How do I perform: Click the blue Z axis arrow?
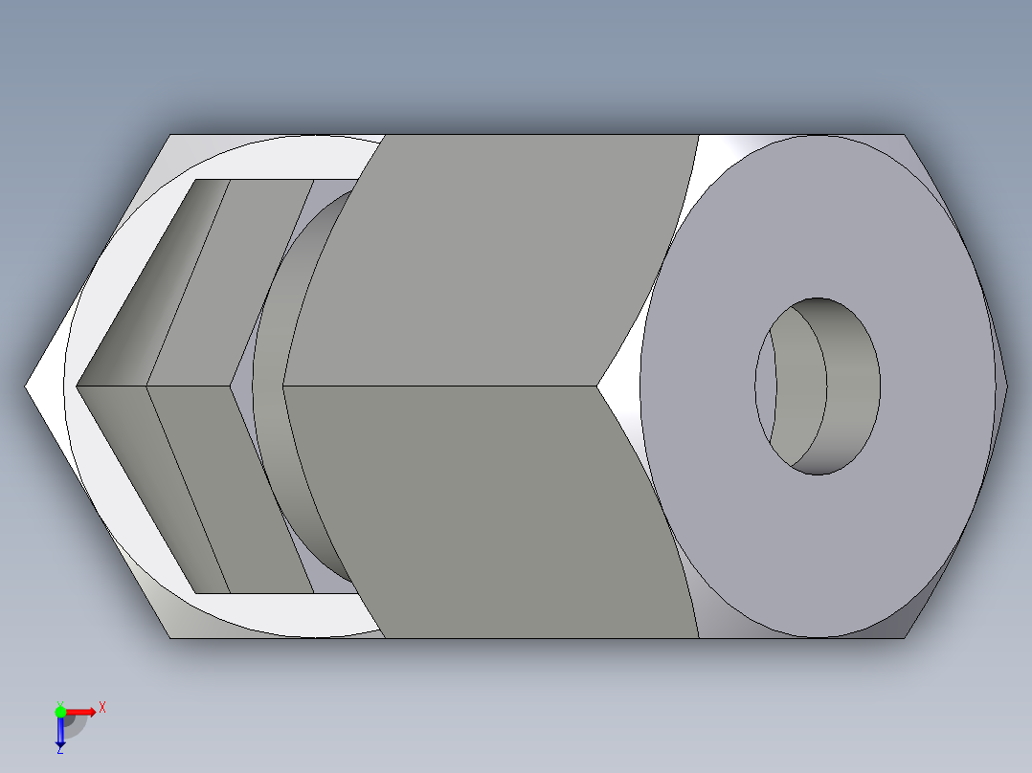tap(60, 731)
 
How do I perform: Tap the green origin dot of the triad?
tap(60, 711)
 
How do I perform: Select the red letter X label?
tap(101, 708)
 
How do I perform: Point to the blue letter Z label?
tap(59, 751)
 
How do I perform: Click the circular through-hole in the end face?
tap(819, 386)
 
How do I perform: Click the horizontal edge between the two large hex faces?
tap(440, 386)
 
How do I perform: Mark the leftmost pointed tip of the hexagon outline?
tap(26, 386)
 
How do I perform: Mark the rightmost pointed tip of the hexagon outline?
tap(1007, 386)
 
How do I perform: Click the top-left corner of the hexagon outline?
tap(171, 135)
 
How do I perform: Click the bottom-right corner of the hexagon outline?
tap(905, 637)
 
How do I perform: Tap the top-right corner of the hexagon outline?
tap(905, 135)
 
